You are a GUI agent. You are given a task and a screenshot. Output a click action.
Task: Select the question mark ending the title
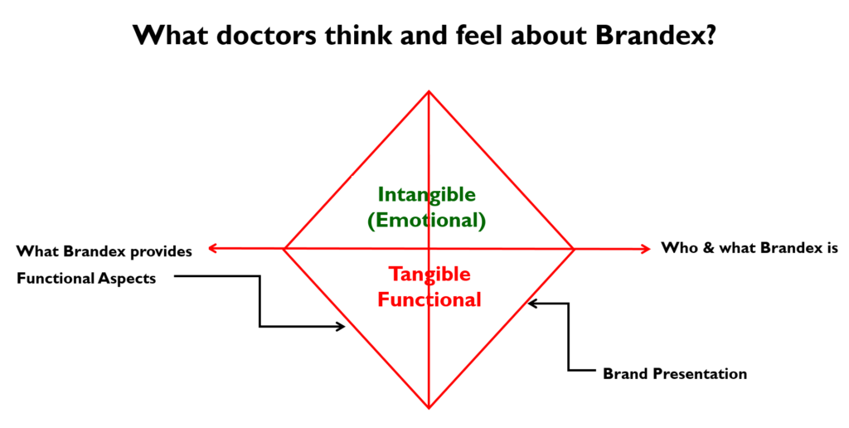click(x=710, y=35)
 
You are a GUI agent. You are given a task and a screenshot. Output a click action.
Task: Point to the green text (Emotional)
click(x=427, y=221)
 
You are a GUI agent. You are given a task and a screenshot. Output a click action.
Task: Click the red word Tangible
click(x=429, y=275)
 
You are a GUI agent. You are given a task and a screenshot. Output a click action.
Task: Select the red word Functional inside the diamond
click(x=429, y=299)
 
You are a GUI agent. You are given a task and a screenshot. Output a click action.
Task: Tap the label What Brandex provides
click(x=104, y=252)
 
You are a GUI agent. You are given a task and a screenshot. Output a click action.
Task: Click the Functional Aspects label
click(x=86, y=279)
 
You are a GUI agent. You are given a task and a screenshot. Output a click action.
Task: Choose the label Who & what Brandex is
click(x=750, y=248)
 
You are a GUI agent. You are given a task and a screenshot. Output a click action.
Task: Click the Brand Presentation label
click(x=675, y=374)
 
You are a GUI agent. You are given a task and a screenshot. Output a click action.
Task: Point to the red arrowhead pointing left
click(x=212, y=249)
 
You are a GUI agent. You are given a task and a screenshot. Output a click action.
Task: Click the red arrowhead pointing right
click(x=646, y=249)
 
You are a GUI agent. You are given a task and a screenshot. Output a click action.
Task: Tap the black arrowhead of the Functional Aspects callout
click(x=341, y=326)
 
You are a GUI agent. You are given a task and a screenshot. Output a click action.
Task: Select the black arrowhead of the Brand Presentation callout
click(x=532, y=304)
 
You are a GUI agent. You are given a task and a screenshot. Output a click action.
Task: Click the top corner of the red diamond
click(x=429, y=91)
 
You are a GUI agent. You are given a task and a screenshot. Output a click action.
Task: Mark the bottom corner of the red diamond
click(x=429, y=408)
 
